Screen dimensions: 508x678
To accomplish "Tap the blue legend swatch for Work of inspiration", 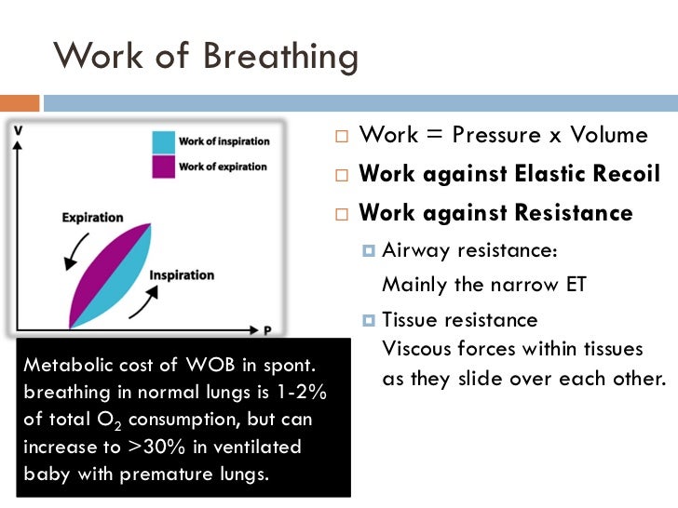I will click(165, 142).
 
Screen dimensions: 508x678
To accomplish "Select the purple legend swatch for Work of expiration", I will click(165, 167).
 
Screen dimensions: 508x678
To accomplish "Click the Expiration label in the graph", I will click(92, 218).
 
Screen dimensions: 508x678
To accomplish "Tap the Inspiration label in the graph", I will click(182, 275).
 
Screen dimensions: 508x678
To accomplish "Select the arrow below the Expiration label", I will click(69, 247).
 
